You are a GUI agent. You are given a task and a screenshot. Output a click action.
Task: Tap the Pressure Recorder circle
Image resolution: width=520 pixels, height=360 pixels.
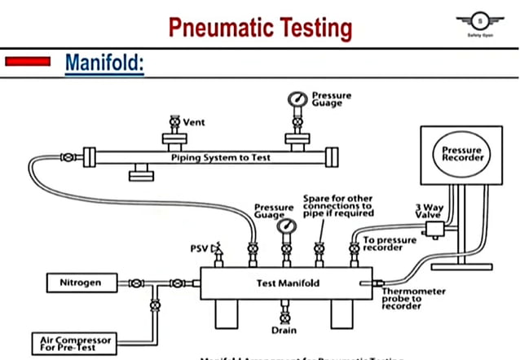tap(462, 154)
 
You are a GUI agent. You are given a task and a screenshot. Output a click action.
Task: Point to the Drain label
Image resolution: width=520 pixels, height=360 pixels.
tap(284, 331)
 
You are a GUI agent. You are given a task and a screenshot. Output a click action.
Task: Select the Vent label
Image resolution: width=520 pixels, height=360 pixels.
tap(193, 122)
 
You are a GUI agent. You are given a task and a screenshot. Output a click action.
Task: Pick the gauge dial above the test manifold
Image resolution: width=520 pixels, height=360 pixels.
tap(285, 226)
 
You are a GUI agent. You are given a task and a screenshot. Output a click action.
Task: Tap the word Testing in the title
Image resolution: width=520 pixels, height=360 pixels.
tap(313, 27)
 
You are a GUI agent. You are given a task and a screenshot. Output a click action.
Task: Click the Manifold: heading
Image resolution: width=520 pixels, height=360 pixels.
tap(104, 62)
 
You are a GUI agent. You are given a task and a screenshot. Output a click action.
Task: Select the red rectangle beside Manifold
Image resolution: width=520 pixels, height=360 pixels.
tap(30, 61)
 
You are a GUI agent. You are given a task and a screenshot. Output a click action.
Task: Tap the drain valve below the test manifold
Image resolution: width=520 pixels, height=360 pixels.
tap(284, 314)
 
